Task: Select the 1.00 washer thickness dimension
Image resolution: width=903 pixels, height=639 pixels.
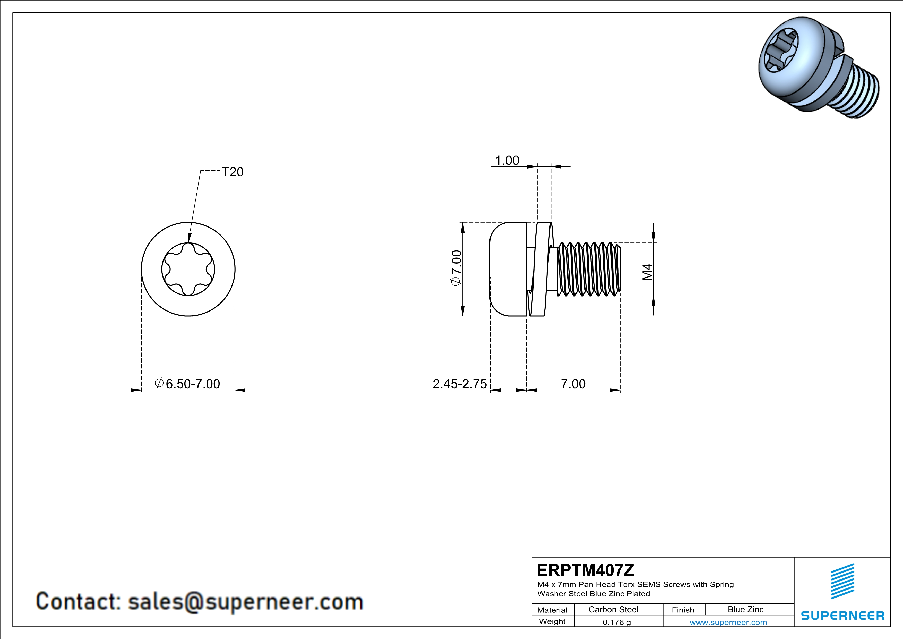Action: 507,161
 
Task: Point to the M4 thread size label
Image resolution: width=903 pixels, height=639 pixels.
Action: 647,272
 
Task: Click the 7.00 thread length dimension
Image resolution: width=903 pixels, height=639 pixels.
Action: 573,384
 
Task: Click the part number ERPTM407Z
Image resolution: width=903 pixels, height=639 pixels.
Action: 586,570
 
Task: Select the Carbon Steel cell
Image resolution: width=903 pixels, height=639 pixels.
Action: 613,609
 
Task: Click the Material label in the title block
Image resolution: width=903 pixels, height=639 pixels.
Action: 552,610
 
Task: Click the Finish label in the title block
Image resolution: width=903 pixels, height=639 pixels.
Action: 683,610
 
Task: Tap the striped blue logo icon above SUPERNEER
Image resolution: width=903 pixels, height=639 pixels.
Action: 842,581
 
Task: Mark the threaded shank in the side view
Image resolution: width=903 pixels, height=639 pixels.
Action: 588,269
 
